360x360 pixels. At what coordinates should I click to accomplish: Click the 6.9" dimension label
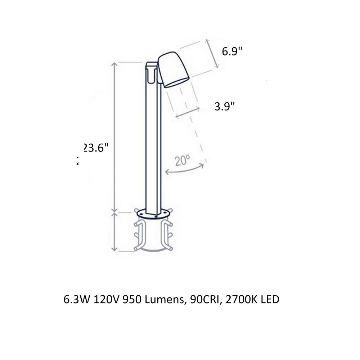tap(231, 51)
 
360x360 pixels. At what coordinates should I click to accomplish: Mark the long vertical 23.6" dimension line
tap(114, 137)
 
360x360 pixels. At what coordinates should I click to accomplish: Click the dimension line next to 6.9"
tap(213, 54)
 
